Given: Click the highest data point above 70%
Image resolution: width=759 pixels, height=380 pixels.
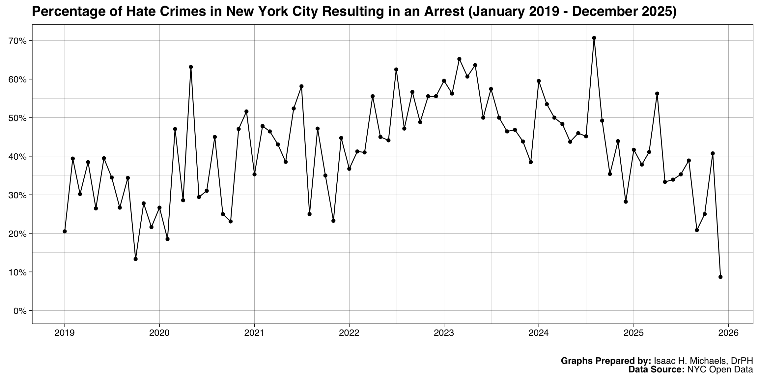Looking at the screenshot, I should tap(594, 38).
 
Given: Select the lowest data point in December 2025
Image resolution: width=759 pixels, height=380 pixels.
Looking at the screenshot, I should tap(720, 277).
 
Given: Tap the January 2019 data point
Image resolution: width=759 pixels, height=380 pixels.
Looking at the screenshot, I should tap(65, 231).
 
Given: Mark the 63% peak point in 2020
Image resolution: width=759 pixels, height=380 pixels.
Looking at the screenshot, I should tap(191, 67).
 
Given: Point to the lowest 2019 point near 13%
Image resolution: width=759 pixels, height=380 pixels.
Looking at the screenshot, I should tap(135, 259).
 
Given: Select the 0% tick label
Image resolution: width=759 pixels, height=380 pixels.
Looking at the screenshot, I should tap(20, 311).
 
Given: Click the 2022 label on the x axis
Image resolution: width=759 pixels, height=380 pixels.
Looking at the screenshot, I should tap(349, 333).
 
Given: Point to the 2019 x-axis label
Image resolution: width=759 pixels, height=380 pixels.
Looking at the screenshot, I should tap(65, 333).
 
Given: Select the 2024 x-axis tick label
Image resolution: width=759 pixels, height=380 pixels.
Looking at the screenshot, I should tap(539, 333).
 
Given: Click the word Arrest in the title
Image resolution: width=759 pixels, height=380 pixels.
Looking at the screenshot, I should tap(443, 12).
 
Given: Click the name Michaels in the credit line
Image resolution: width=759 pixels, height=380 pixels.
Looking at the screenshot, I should tap(702, 361).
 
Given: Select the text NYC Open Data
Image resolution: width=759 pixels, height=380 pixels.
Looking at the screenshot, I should tap(720, 369).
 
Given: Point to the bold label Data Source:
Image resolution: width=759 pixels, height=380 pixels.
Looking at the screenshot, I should tap(657, 369).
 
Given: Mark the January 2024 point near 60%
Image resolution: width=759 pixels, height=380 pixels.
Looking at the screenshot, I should tap(539, 81).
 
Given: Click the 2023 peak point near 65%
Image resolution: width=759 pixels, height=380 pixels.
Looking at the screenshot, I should tap(459, 59).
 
